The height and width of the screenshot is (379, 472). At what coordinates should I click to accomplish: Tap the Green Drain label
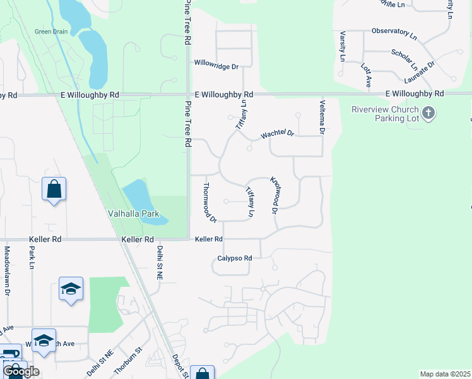click(50, 32)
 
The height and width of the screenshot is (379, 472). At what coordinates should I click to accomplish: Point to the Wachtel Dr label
click(278, 134)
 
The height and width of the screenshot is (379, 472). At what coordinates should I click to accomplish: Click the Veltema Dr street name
click(322, 117)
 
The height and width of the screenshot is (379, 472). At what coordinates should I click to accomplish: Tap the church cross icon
click(428, 113)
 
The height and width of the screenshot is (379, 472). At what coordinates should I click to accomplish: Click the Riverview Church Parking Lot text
click(385, 114)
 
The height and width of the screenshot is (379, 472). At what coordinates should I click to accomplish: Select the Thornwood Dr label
click(209, 202)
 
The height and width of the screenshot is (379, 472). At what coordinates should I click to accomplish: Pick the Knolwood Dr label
click(274, 194)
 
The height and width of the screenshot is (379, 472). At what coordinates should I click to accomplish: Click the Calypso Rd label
click(235, 258)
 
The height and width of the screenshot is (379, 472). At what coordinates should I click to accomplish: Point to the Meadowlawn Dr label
click(8, 271)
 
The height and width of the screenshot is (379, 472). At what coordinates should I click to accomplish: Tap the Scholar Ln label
click(404, 59)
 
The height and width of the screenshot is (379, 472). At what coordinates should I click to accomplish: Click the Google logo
click(21, 371)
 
